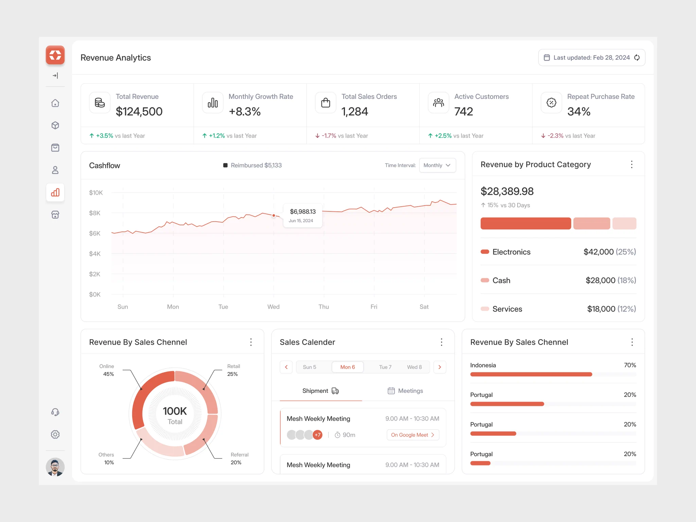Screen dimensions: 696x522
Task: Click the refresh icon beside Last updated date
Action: pos(637,58)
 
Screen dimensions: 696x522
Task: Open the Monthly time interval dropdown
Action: pos(437,165)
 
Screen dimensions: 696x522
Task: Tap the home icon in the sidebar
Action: pos(55,103)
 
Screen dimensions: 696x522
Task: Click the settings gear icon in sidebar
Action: pos(55,434)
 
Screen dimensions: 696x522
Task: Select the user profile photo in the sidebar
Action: pos(55,467)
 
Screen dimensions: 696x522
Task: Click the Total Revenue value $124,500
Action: pos(139,111)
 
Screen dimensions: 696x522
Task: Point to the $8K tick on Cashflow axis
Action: pos(95,213)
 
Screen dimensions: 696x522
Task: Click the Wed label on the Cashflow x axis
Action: pos(274,307)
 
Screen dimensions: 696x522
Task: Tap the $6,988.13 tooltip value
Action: pos(303,211)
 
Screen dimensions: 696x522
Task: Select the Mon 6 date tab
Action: pos(347,367)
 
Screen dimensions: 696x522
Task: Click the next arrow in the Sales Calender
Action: pos(440,367)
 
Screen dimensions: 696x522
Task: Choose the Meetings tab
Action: pos(405,391)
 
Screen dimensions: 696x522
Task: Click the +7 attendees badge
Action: pos(317,435)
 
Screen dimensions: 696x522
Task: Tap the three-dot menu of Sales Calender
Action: pos(441,342)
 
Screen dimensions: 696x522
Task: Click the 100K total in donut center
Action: pos(175,411)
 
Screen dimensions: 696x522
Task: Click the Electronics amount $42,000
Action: pos(598,252)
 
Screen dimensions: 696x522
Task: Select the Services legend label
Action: pos(507,309)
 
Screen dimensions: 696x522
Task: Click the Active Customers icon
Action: pos(438,103)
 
